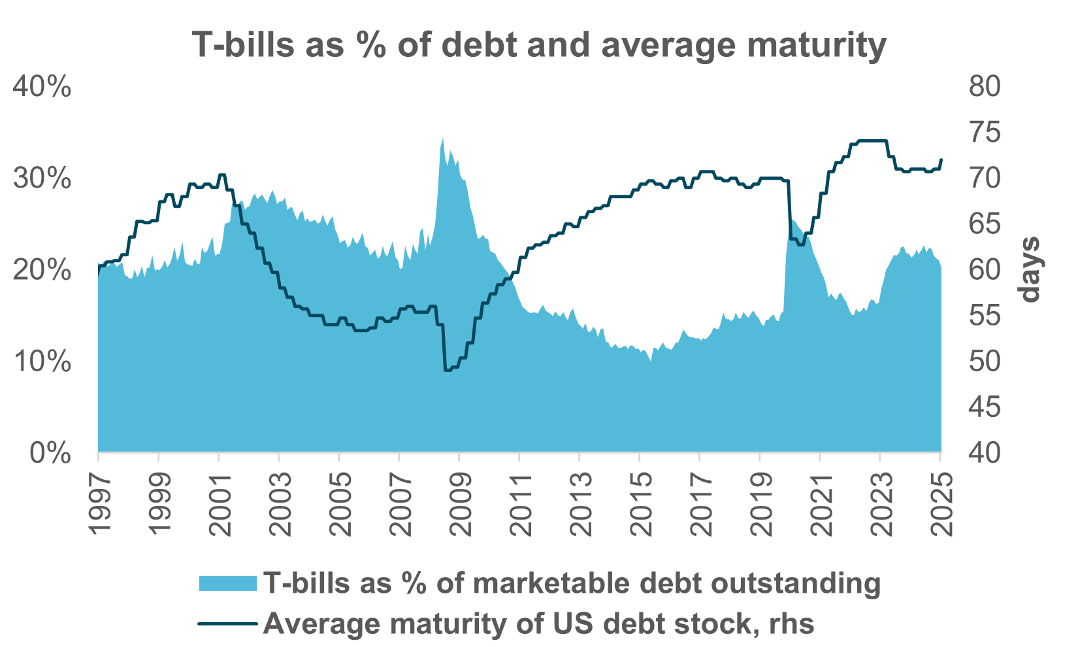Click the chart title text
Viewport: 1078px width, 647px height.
539,44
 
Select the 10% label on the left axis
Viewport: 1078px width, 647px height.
42,361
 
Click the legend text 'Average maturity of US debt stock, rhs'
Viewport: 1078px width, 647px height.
539,623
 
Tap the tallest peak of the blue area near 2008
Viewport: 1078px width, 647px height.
443,139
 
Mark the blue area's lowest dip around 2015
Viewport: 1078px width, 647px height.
650,359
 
